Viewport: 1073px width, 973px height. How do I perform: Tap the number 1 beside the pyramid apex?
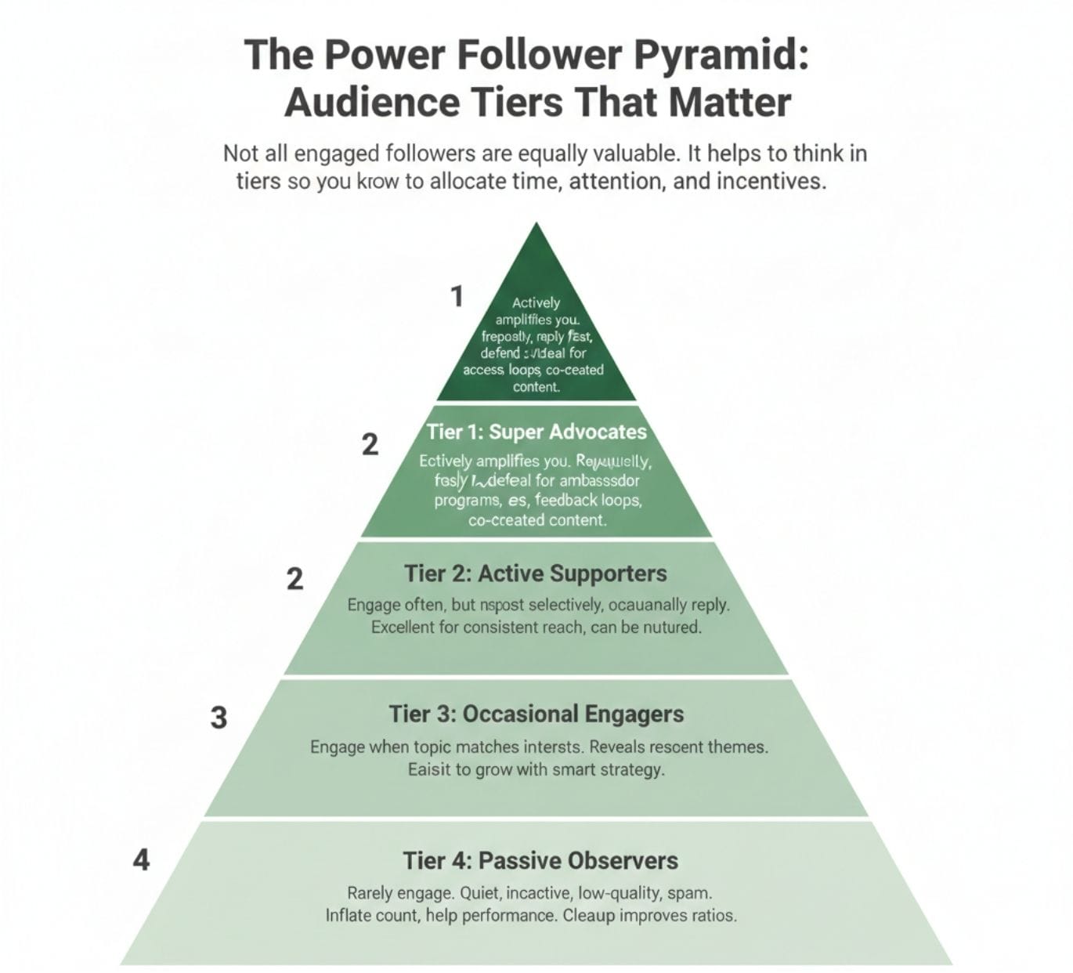pos(457,297)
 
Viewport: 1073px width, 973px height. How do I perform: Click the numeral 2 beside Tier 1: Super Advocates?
pos(370,445)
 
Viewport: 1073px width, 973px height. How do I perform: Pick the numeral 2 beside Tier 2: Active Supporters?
pos(294,579)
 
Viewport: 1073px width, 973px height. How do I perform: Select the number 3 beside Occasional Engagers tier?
pos(219,718)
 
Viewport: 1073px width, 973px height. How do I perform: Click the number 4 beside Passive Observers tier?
pos(141,860)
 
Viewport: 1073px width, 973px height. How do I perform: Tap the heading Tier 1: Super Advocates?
pos(536,432)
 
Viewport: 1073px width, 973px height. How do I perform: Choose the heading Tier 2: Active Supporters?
pos(536,573)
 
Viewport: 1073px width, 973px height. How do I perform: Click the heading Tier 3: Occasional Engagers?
pos(536,714)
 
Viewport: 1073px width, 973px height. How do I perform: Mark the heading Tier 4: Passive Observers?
pos(540,860)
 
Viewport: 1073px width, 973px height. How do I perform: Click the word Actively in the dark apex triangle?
pos(536,302)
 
